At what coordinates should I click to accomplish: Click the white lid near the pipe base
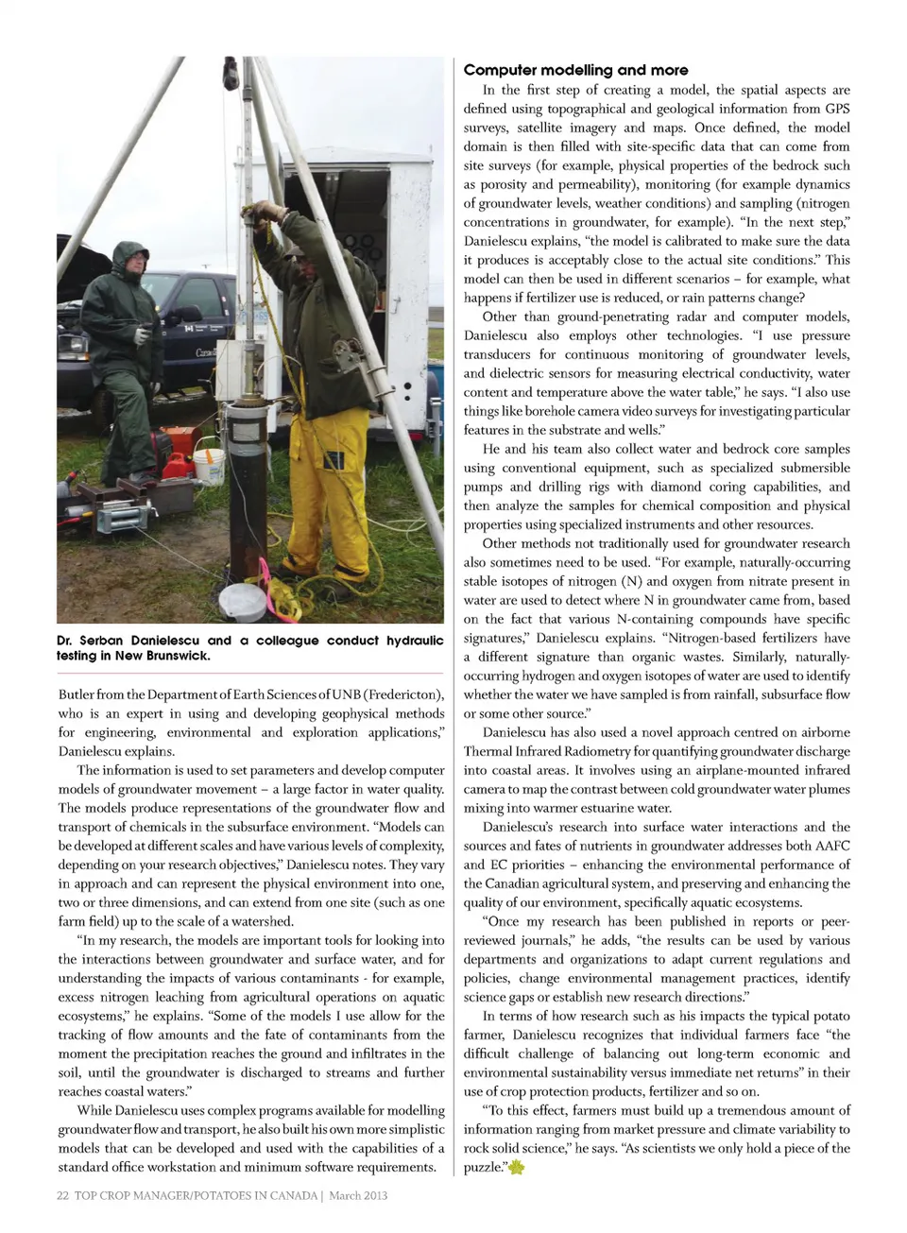pyautogui.click(x=243, y=601)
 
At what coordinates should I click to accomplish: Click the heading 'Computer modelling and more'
pyautogui.click(x=575, y=70)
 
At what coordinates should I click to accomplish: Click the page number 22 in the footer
pyautogui.click(x=63, y=1195)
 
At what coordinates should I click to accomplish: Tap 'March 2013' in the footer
pyautogui.click(x=358, y=1195)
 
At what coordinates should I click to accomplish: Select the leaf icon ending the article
pyautogui.click(x=516, y=1169)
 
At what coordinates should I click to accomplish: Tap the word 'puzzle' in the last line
pyautogui.click(x=483, y=1168)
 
